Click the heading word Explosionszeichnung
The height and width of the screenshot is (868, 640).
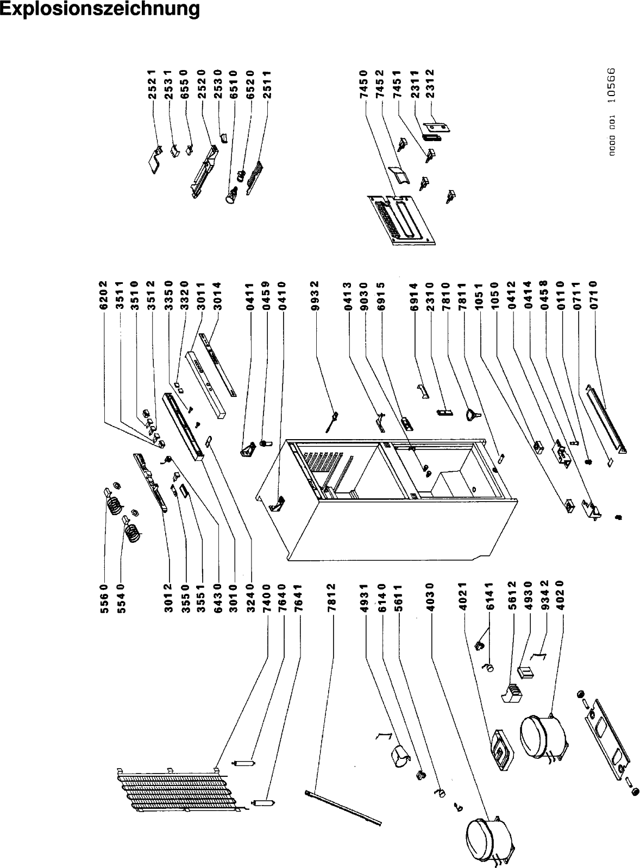click(x=100, y=9)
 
